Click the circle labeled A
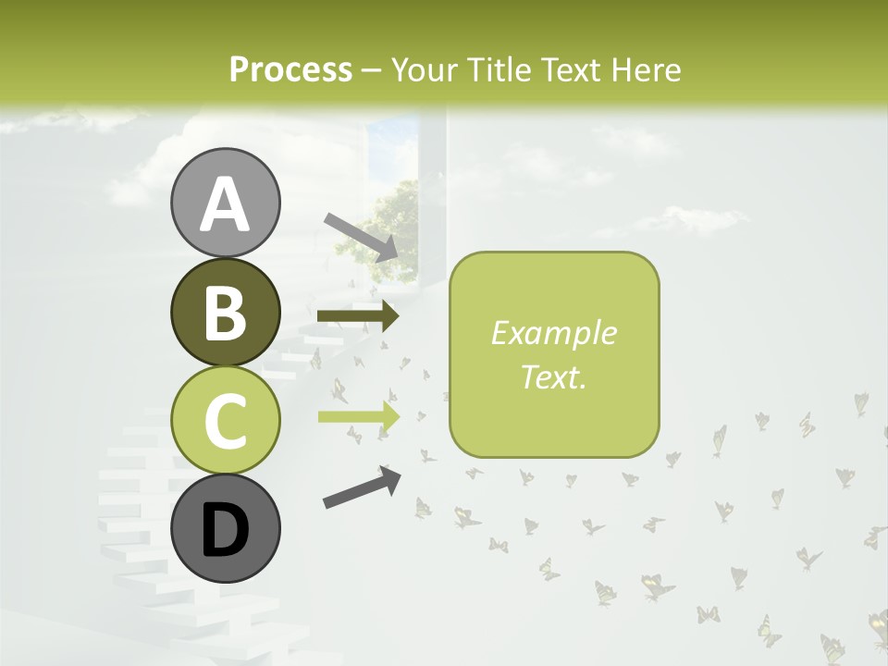tap(225, 203)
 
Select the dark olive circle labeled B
tap(225, 312)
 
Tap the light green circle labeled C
tap(225, 420)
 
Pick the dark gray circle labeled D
tap(225, 528)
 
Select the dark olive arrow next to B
tap(358, 316)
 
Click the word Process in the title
tap(290, 70)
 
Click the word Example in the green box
tap(553, 333)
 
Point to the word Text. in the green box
tap(553, 376)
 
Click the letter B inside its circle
tap(225, 313)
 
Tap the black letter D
tap(225, 530)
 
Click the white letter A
tap(225, 204)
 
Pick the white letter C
tap(225, 421)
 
